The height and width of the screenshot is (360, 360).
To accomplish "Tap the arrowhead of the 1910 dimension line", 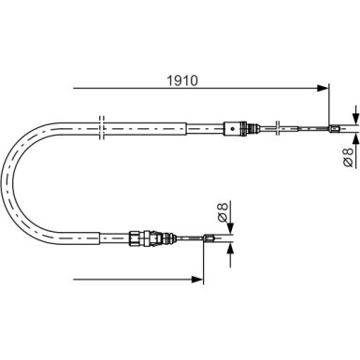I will (x=325, y=89).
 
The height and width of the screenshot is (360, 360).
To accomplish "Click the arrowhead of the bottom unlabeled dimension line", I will (x=199, y=279).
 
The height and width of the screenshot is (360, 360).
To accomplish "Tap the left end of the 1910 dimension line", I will (x=72, y=89).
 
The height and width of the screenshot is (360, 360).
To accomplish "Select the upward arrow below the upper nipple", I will (x=355, y=138).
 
